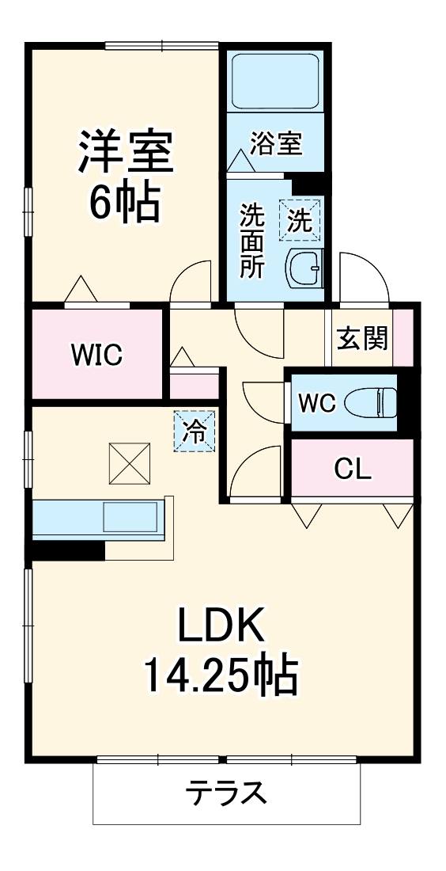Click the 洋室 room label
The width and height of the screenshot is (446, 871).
tap(124, 152)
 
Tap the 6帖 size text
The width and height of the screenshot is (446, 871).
tap(124, 203)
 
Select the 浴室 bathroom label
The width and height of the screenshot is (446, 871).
tap(276, 144)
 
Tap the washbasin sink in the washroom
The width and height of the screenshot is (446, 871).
tap(304, 269)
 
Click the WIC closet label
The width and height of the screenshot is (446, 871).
tap(96, 355)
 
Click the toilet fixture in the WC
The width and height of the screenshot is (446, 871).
tap(372, 403)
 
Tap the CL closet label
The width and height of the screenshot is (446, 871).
tap(352, 469)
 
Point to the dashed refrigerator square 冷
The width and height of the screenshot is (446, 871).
tap(194, 432)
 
